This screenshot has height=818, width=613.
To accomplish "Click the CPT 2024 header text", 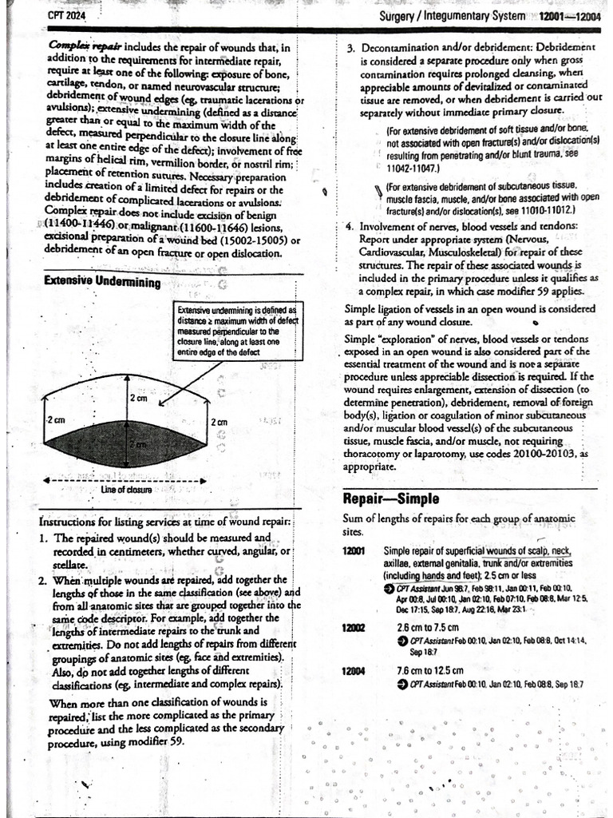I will (66, 15).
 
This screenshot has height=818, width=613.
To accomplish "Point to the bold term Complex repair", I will (76, 47).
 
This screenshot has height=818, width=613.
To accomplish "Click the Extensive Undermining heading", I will (101, 281).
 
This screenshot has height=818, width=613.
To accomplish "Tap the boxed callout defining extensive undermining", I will (236, 330).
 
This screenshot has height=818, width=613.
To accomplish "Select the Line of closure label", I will (126, 489).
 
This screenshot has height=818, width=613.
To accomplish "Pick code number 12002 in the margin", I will (354, 627).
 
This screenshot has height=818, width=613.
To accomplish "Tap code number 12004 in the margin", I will (354, 670).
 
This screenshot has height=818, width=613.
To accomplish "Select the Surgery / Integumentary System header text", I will (452, 16).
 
